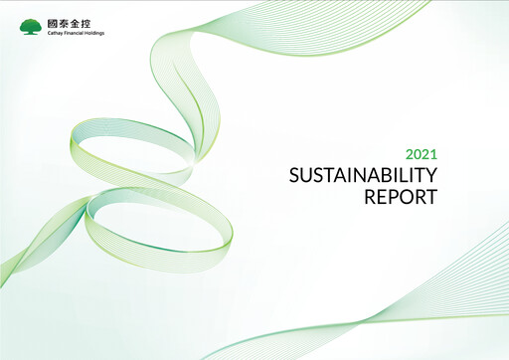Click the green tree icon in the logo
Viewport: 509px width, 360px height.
(30, 27)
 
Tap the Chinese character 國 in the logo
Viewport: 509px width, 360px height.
(53, 24)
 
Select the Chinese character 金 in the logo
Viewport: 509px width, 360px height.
(75, 24)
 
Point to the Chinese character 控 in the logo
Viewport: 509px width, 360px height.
(85, 24)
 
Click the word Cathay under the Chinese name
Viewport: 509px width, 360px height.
(54, 33)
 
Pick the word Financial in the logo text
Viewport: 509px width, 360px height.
(70, 33)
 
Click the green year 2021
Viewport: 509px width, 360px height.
(422, 154)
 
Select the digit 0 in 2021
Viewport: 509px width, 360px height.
(418, 154)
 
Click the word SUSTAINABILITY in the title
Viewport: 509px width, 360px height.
(363, 175)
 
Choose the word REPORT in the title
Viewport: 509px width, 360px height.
(401, 197)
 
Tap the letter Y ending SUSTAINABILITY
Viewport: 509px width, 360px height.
(430, 175)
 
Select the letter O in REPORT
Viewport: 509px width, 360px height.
(406, 197)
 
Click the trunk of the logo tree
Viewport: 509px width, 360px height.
(30, 32)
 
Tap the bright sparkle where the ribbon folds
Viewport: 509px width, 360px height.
(196, 161)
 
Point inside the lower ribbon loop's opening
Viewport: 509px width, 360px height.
(159, 222)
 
